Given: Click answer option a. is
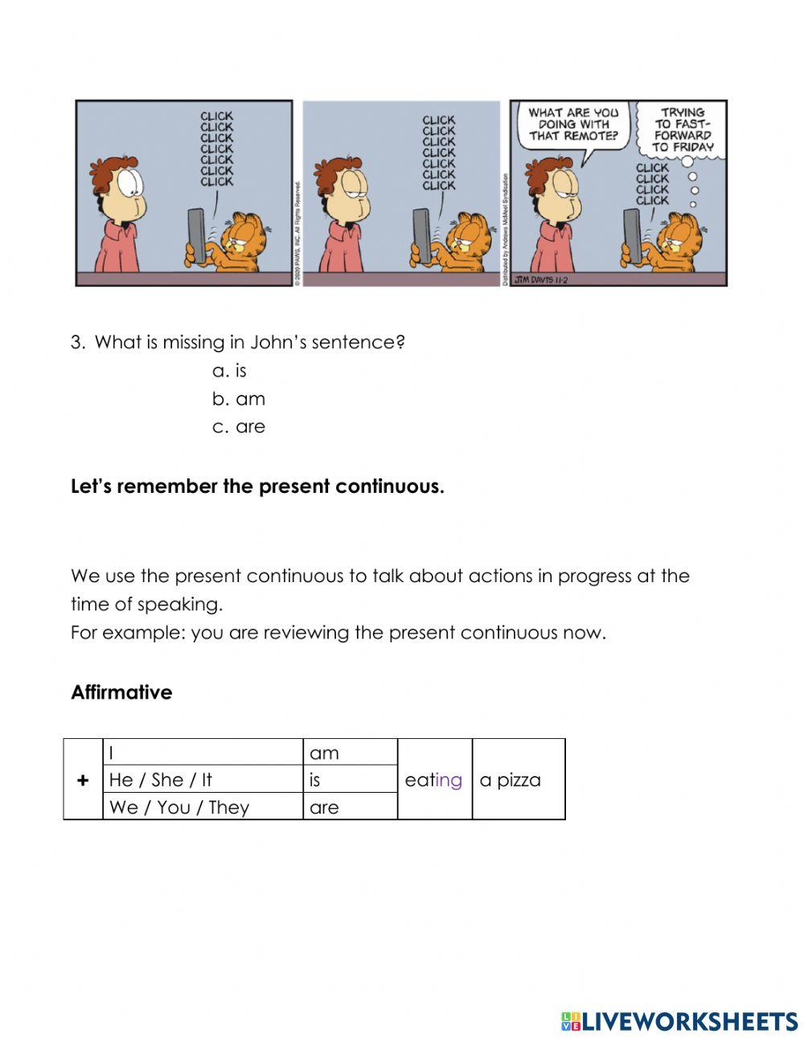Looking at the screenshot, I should point(230,371).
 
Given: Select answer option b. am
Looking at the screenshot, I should point(239,399).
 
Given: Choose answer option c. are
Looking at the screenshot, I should point(239,427).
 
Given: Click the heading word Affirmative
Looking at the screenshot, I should point(121,692).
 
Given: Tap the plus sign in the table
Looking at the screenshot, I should point(83,780).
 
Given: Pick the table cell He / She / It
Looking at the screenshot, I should point(161,780).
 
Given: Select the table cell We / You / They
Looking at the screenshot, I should point(179,807).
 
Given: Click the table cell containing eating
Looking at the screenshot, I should point(433,780).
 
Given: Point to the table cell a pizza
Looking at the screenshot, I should point(511,780).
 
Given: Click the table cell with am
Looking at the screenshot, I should point(325,753).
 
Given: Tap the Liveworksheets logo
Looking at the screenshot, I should point(679,1021).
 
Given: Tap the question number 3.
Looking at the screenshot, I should point(77,343).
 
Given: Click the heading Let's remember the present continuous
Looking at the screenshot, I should point(257,486).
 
